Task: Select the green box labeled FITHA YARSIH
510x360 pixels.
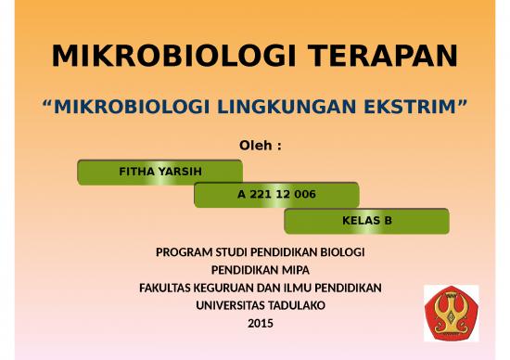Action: pyautogui.click(x=159, y=172)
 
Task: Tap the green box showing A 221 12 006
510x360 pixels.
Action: pyautogui.click(x=276, y=195)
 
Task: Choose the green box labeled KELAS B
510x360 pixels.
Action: pyautogui.click(x=366, y=221)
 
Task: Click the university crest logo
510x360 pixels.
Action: pyautogui.click(x=451, y=311)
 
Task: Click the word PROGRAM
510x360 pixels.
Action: pyautogui.click(x=182, y=252)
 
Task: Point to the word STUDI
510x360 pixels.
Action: pyautogui.click(x=228, y=252)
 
